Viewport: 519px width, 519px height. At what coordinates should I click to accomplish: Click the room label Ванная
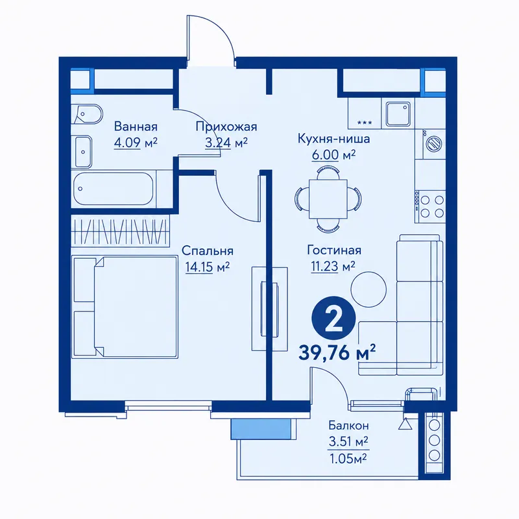136,127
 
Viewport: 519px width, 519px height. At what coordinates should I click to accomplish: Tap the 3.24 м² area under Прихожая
226,143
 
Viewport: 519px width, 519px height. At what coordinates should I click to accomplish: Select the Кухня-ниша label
333,139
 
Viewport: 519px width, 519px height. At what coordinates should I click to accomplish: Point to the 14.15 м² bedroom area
208,267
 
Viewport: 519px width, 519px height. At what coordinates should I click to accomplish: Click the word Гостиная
334,250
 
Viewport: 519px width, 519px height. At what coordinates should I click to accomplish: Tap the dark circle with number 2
333,319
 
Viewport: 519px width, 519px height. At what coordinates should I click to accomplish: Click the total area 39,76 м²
337,353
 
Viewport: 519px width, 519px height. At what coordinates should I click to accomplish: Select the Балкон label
348,425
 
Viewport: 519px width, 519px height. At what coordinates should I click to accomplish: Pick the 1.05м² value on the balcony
348,459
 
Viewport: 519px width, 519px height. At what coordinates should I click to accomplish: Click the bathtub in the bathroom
113,189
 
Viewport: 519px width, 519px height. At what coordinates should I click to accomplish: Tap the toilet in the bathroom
88,115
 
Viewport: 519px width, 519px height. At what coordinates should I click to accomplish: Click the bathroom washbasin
82,152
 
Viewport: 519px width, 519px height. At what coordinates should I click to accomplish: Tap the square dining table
328,199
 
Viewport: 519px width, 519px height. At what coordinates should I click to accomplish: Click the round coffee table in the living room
368,289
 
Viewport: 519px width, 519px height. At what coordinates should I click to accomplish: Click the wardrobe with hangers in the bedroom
121,231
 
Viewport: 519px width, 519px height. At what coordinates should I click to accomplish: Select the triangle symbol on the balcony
404,424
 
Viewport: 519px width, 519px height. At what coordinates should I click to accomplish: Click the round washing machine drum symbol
435,143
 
